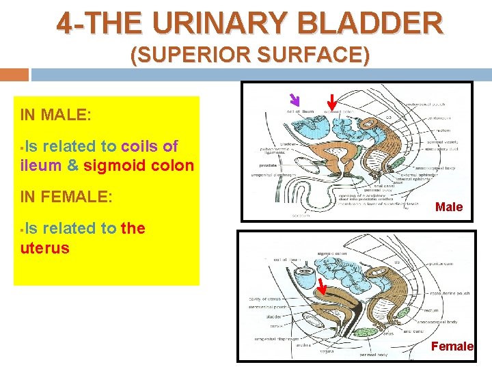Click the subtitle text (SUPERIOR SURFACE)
pos(250,55)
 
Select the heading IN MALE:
pos(55,114)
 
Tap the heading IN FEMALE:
pos(66,197)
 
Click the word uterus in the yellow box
pos(45,247)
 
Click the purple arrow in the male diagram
pos(295,100)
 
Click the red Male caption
pos(449,207)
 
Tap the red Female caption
pos(452,346)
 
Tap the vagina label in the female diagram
pos(328,352)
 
